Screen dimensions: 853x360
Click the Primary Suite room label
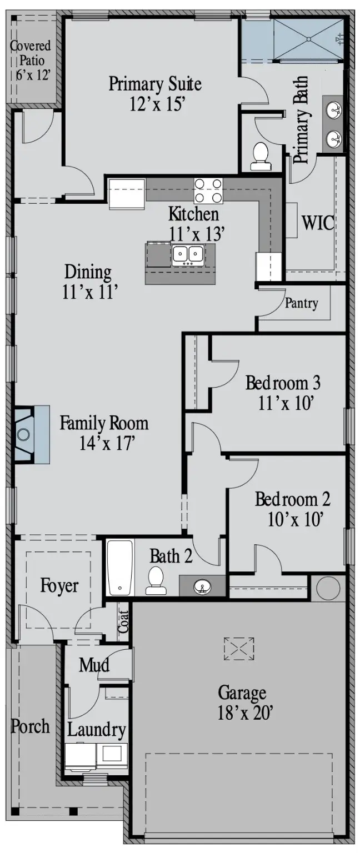point(154,85)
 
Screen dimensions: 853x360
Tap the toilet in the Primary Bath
point(261,156)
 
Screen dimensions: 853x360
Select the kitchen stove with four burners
point(208,190)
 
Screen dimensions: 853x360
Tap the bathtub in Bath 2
point(120,568)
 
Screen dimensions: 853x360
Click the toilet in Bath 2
point(156,580)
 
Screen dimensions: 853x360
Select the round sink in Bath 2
point(202,586)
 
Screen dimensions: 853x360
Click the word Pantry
point(302,303)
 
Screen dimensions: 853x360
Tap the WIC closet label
point(318,223)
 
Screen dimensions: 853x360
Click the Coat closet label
point(123,622)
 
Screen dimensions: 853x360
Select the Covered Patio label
point(31,60)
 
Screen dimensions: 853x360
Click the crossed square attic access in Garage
point(239,649)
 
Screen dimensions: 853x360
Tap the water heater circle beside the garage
point(328,588)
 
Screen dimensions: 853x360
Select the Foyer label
point(59,586)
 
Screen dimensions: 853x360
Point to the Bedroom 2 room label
point(292,499)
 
